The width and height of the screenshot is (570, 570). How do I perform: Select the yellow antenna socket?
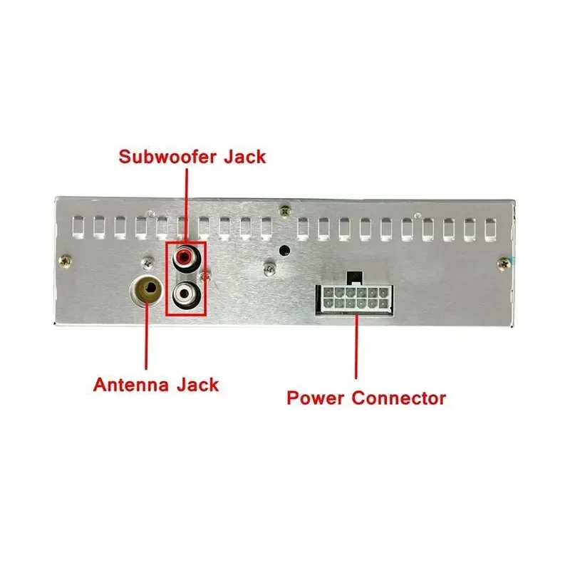pos(147,289)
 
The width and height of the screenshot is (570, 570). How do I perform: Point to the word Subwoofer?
pos(167,157)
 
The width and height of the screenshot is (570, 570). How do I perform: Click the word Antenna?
pos(130,385)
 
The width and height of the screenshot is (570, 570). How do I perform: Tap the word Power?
pos(315,398)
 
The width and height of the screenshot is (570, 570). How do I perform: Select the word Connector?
pos(399,398)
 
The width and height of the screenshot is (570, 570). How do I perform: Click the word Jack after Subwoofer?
pos(244,157)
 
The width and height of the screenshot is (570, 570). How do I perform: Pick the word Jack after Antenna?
pos(198,385)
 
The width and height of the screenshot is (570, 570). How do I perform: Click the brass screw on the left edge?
pos(65,261)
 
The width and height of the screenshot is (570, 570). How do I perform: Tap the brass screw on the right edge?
pos(504,264)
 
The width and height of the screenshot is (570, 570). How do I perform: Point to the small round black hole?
pos(284,250)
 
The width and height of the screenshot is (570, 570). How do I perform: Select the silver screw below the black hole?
pos(269,269)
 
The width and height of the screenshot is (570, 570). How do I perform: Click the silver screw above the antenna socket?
pos(147,264)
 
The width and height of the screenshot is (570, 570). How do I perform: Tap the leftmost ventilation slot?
pos(78,227)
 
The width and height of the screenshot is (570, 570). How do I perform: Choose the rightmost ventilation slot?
pos(490,229)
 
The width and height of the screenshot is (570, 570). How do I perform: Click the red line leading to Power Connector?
pos(357,347)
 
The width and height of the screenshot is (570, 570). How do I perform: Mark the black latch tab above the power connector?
pos(354,277)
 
